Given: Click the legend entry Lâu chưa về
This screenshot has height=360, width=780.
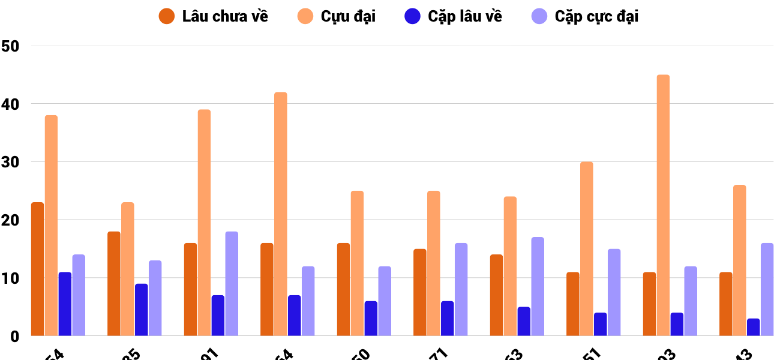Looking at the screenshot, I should tap(225, 16).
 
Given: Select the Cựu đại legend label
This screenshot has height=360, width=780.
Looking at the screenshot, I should tap(348, 16).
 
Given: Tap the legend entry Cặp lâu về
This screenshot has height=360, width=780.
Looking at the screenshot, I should tap(465, 16).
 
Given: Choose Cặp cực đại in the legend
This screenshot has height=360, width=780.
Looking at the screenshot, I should tap(596, 16).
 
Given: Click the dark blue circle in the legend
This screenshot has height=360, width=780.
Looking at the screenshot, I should tap(412, 16).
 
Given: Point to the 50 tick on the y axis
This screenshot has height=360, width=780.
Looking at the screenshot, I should tap(11, 46).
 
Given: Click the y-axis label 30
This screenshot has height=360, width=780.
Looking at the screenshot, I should tap(11, 162).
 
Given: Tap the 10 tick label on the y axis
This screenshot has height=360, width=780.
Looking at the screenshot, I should tap(11, 278).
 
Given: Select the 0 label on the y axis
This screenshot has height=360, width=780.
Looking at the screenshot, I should tap(13, 337).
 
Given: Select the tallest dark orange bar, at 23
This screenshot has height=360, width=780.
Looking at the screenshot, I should tap(37, 269).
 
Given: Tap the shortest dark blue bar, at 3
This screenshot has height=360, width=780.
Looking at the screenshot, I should tap(753, 328).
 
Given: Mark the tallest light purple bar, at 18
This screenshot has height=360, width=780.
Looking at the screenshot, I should tap(232, 284).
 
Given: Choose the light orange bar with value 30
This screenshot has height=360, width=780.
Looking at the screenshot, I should tap(586, 249).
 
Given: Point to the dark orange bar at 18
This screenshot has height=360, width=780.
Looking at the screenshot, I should tap(114, 284).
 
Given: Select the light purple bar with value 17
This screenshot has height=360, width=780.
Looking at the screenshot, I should tap(538, 287).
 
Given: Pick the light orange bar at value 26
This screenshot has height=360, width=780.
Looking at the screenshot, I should tap(739, 260).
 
